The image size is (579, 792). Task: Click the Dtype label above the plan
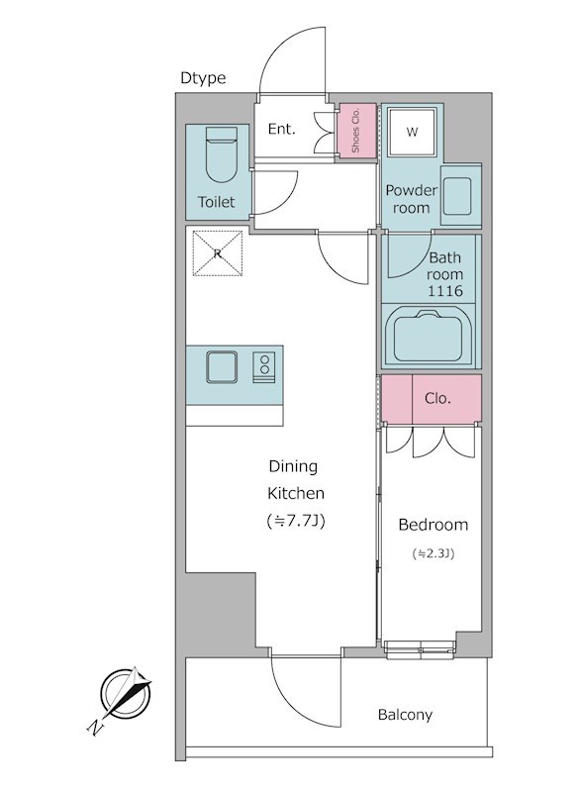[203, 78]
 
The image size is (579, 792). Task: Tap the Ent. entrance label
[281, 130]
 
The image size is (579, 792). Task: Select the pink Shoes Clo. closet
[357, 130]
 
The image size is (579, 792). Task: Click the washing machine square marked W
[412, 133]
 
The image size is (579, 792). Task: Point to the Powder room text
[411, 199]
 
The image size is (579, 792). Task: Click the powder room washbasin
[457, 196]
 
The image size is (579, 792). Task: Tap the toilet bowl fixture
[222, 154]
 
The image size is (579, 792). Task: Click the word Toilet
[216, 202]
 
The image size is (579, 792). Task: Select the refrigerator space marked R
[218, 253]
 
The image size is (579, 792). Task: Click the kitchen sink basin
[222, 367]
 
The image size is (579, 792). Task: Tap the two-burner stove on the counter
[264, 367]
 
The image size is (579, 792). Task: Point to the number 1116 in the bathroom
[444, 291]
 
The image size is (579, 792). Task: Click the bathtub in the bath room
[429, 336]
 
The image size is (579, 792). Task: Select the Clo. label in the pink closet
[437, 399]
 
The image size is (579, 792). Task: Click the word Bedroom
[434, 525]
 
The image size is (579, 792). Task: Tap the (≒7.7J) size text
[295, 521]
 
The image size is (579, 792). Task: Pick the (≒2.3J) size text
[434, 553]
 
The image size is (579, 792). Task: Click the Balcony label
[405, 715]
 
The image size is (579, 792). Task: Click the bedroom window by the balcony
[421, 648]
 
